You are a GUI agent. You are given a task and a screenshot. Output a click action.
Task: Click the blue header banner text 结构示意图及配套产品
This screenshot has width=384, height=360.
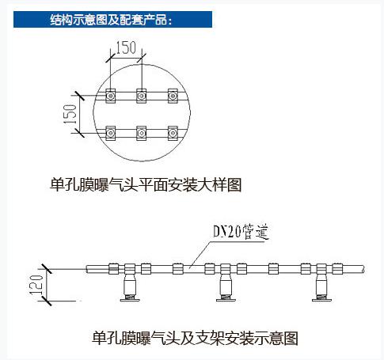(111, 20)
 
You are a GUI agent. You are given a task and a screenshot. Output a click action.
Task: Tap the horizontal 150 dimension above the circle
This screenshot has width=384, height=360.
(126, 47)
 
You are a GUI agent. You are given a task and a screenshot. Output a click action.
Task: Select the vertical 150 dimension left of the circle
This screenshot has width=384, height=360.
(70, 114)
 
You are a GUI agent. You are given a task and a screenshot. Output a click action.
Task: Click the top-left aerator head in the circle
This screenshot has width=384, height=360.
(110, 96)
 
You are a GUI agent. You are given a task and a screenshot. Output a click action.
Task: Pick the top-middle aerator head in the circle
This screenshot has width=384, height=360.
(142, 96)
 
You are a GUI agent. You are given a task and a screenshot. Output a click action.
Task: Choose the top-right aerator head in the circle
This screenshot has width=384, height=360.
(173, 96)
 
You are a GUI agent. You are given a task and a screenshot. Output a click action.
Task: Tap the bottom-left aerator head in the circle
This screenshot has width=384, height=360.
(110, 133)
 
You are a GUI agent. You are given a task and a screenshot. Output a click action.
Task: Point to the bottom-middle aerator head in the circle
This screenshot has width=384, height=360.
(142, 133)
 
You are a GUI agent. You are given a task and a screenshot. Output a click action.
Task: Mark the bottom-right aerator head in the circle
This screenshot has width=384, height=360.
(173, 133)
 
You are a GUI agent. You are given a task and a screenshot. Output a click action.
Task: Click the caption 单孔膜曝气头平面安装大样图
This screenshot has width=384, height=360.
(146, 184)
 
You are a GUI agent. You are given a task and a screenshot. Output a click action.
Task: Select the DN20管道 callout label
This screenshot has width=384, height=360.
(241, 232)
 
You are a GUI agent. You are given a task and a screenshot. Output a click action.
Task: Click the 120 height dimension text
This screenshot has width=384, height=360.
(36, 285)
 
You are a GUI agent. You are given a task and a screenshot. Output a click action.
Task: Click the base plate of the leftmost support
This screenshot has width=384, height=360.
(130, 300)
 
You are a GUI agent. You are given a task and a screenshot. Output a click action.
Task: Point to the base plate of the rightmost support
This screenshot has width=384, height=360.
(321, 300)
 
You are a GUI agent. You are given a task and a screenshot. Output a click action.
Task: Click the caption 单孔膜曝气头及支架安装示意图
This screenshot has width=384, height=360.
(195, 339)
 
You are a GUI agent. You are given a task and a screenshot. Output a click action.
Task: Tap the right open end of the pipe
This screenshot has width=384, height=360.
(363, 269)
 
